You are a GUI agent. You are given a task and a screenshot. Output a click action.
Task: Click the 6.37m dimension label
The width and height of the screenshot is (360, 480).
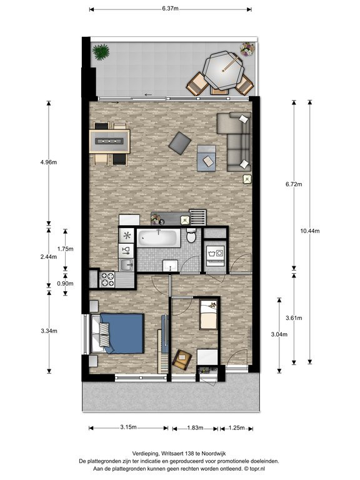click(170, 9)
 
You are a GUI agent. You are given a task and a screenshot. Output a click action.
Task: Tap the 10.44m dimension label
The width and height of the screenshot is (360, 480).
click(310, 231)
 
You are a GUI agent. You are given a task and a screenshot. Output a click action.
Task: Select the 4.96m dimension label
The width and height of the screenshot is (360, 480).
click(49, 162)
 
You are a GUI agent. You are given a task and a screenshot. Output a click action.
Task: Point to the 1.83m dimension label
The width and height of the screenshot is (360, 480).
click(195, 427)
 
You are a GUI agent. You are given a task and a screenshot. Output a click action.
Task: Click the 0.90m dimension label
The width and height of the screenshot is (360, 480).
click(65, 284)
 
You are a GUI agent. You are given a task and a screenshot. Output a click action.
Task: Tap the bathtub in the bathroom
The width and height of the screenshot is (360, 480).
click(159, 238)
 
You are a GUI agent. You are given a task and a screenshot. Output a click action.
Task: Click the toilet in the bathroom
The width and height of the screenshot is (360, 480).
click(192, 236)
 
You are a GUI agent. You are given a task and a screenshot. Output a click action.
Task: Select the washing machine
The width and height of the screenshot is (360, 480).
click(216, 256)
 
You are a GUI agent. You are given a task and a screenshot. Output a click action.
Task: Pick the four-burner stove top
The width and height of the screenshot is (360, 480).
click(107, 279)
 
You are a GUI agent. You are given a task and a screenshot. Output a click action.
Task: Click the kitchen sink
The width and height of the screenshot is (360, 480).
click(126, 265)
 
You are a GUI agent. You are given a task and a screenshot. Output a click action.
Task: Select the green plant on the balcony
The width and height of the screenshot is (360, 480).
click(101, 52)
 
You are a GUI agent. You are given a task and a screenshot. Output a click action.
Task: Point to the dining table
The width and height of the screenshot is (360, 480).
click(109, 141)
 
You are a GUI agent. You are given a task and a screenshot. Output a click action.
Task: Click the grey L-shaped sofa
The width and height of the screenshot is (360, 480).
click(235, 141)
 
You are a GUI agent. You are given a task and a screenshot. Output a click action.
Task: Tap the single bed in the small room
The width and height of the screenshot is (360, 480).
click(208, 314)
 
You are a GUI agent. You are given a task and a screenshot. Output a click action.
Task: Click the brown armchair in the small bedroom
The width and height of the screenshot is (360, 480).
click(182, 359)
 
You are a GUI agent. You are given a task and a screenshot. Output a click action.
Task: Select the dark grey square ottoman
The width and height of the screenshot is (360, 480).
click(180, 143)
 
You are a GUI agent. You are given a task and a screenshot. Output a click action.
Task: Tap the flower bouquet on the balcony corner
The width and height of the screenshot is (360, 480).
click(247, 49)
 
